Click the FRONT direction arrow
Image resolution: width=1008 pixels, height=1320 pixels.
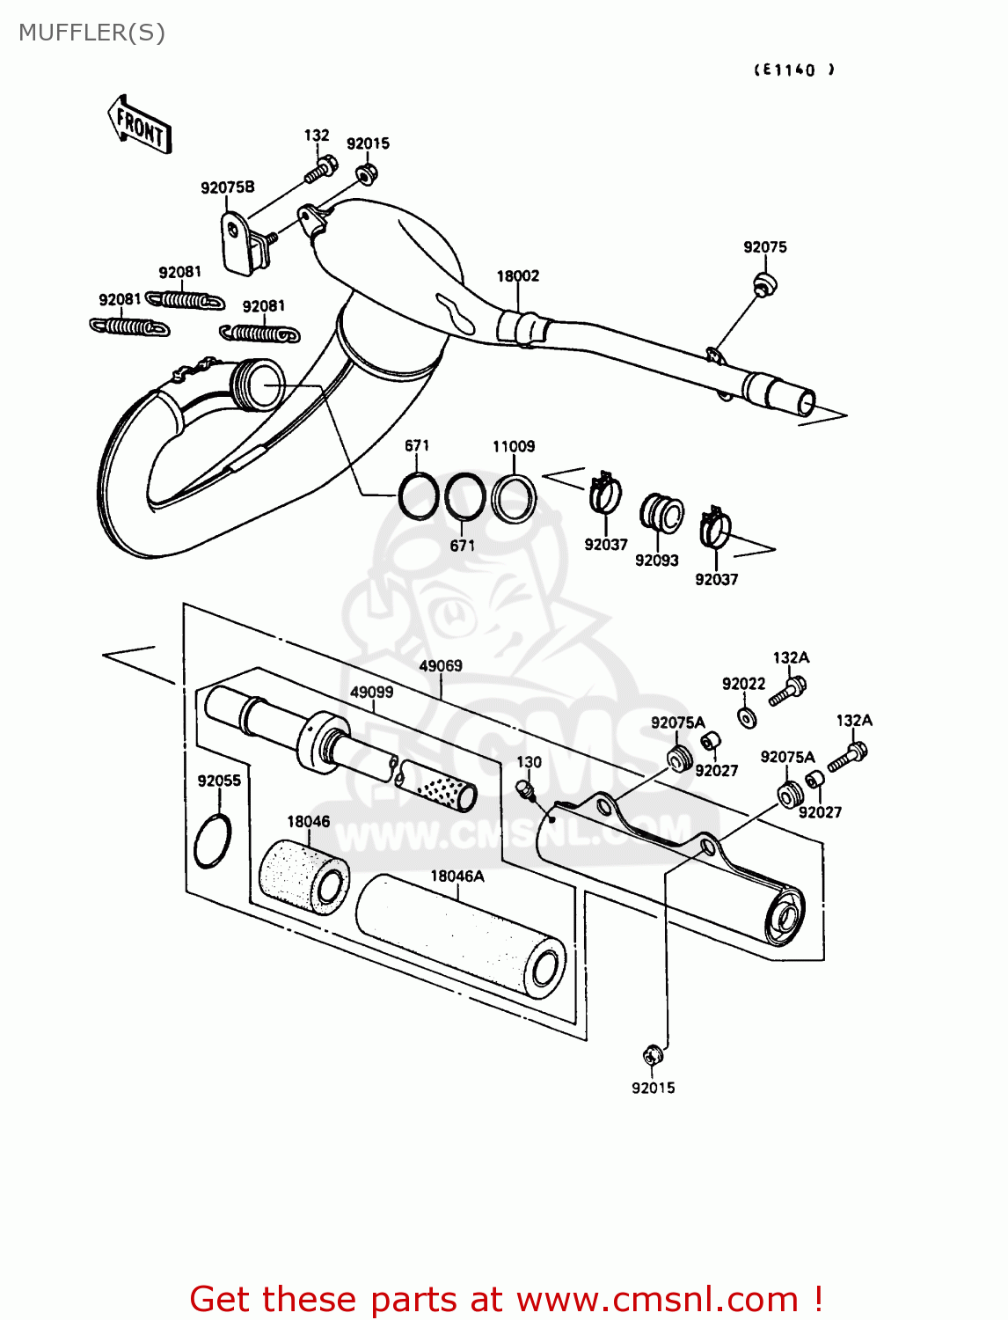(x=139, y=126)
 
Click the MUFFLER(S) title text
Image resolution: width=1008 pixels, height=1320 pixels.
(x=91, y=33)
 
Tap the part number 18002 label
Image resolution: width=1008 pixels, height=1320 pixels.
(x=517, y=275)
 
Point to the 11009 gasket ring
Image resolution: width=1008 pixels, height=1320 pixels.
(x=514, y=498)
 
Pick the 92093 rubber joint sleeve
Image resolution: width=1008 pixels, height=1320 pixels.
(x=661, y=514)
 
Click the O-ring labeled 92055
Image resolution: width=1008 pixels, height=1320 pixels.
(x=214, y=840)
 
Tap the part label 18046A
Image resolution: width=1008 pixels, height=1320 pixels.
(x=457, y=876)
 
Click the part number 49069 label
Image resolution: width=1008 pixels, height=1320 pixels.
(x=440, y=666)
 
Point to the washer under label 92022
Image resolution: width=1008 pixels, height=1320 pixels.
(x=747, y=718)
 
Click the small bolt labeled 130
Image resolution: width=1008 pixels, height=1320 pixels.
(x=525, y=789)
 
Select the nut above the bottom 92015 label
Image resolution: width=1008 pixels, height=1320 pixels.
(x=652, y=1053)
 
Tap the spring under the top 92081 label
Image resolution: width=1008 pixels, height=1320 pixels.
(x=185, y=300)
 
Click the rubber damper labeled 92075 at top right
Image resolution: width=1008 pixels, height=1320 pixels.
(x=763, y=284)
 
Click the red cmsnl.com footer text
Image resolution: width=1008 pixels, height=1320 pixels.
(x=506, y=1299)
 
